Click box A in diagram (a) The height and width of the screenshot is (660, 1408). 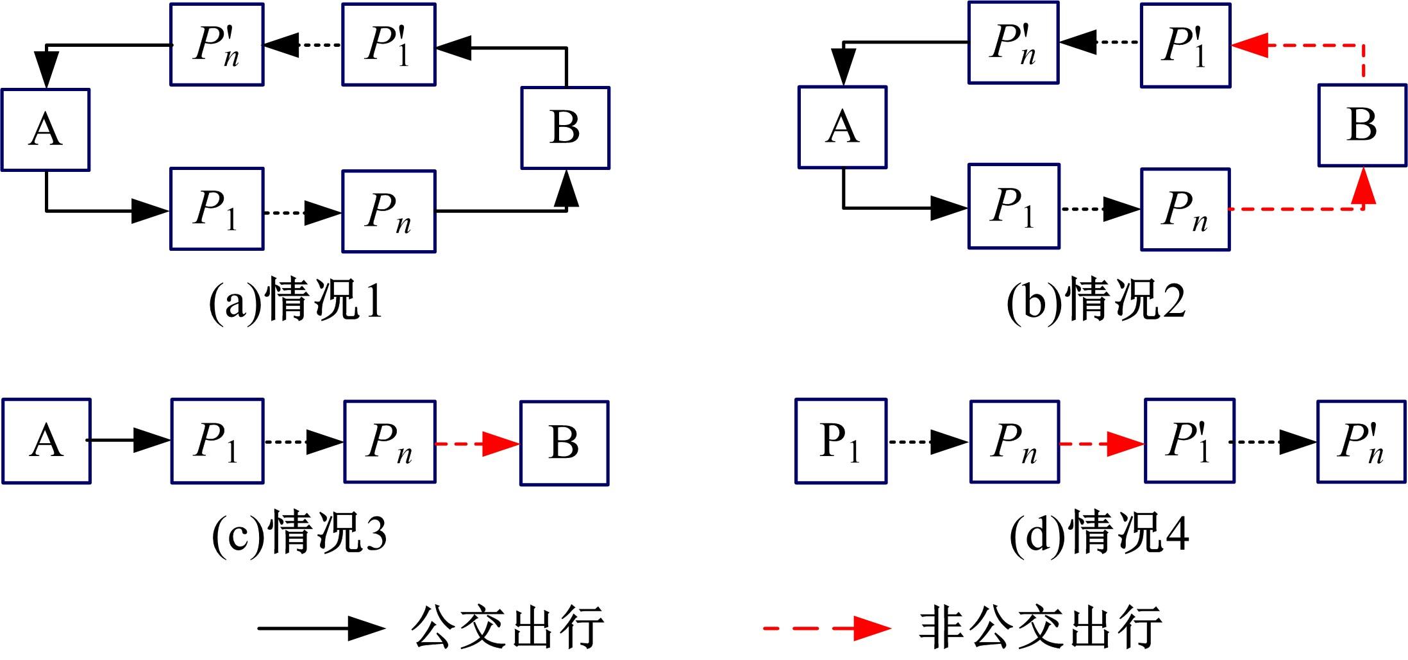tap(45, 130)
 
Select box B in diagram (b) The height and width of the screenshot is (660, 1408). tap(1362, 124)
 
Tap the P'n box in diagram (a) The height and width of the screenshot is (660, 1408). tap(217, 44)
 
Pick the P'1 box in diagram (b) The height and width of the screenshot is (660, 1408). tap(1185, 45)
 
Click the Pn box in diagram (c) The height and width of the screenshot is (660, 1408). tap(389, 441)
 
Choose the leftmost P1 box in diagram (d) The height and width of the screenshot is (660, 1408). tap(841, 441)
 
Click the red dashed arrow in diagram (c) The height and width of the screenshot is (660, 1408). tap(477, 443)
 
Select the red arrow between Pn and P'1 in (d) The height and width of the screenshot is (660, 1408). tap(1102, 443)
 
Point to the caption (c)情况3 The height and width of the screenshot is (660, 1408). tap(299, 532)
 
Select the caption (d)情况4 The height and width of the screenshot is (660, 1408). tap(1098, 532)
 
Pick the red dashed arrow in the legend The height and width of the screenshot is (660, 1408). tap(827, 628)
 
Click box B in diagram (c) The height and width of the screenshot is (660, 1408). tap(564, 443)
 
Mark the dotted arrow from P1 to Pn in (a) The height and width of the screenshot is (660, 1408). tap(302, 212)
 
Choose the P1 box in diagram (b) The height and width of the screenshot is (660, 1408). tap(1013, 207)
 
